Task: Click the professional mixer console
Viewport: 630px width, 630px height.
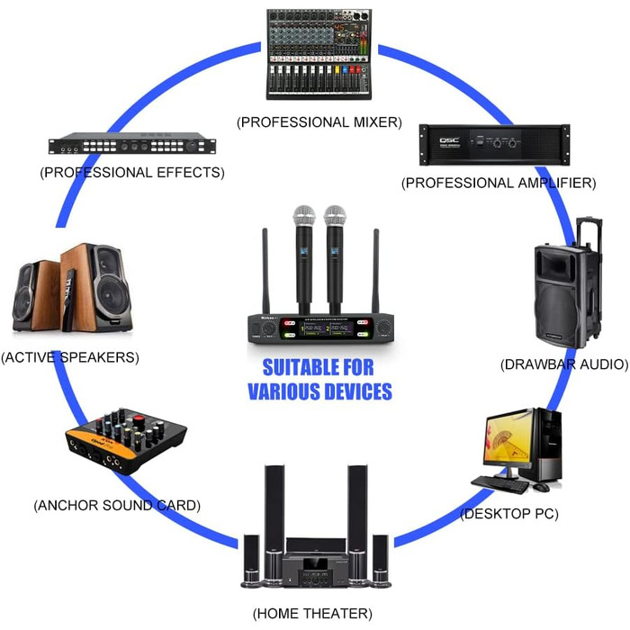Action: point(319,54)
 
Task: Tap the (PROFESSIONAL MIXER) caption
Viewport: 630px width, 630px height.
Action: point(319,121)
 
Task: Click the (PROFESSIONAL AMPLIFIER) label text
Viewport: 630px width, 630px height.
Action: point(498,183)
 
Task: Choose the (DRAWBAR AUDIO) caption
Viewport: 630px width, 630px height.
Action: point(563,364)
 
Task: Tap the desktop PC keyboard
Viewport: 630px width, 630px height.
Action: point(499,483)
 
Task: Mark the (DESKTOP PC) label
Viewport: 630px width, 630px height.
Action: point(509,514)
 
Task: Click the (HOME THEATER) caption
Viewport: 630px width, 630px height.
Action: point(312,614)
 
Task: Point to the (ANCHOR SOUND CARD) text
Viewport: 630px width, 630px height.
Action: point(117,505)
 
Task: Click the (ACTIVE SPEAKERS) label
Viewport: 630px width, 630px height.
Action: point(70,357)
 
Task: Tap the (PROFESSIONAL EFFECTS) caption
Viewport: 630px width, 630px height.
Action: point(132,172)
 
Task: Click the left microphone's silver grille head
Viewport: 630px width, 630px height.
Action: point(302,217)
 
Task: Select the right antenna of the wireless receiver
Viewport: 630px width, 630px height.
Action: point(376,270)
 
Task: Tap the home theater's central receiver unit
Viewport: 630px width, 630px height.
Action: point(314,567)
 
